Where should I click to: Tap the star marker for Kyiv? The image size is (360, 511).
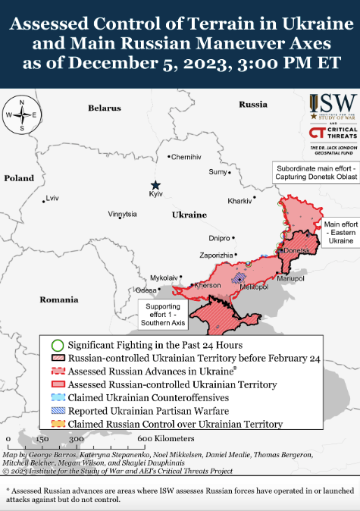[155, 185]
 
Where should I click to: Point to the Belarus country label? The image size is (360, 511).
[104, 108]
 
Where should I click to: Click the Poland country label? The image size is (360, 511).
[19, 178]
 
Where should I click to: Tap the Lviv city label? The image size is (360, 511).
[52, 199]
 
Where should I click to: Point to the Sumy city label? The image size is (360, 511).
[218, 172]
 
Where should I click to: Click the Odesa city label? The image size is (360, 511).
[146, 290]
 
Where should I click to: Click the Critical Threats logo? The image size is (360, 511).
[330, 133]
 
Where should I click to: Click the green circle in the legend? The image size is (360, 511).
[58, 323]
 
